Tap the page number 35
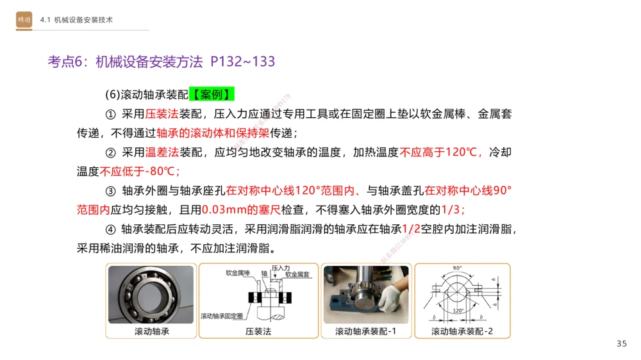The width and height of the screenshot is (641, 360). click(621, 344)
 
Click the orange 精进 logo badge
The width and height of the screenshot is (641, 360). click(24, 20)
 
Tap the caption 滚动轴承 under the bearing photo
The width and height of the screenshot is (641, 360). click(151, 331)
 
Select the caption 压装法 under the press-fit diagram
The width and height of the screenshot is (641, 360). click(258, 331)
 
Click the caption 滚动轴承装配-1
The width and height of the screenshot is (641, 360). click(365, 331)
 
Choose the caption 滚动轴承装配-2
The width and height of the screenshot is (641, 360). click(462, 331)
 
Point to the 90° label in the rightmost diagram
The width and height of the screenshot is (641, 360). click(458, 268)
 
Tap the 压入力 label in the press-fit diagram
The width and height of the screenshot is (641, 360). click(281, 268)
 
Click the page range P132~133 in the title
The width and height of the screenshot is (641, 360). click(243, 61)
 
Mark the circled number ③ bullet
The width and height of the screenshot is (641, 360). click(110, 191)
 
